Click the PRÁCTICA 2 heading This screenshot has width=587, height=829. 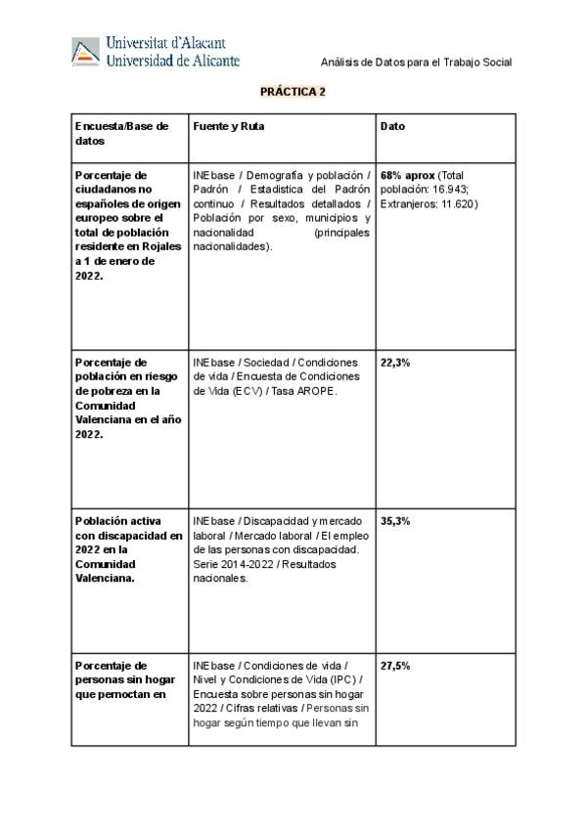pyautogui.click(x=293, y=92)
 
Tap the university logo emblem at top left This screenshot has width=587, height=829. pyautogui.click(x=85, y=51)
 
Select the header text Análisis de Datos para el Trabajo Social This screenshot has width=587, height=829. pyautogui.click(x=417, y=63)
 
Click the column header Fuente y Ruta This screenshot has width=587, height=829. pyautogui.click(x=229, y=126)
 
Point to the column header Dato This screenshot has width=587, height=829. pyautogui.click(x=392, y=126)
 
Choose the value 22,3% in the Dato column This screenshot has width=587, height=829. pyautogui.click(x=395, y=362)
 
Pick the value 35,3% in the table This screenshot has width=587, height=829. pyautogui.click(x=395, y=521)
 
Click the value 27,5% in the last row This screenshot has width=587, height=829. pyautogui.click(x=395, y=666)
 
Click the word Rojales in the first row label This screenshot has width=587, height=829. pyautogui.click(x=159, y=247)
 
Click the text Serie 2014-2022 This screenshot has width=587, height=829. pyautogui.click(x=227, y=564)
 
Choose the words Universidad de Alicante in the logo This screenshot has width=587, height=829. pyautogui.click(x=172, y=61)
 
